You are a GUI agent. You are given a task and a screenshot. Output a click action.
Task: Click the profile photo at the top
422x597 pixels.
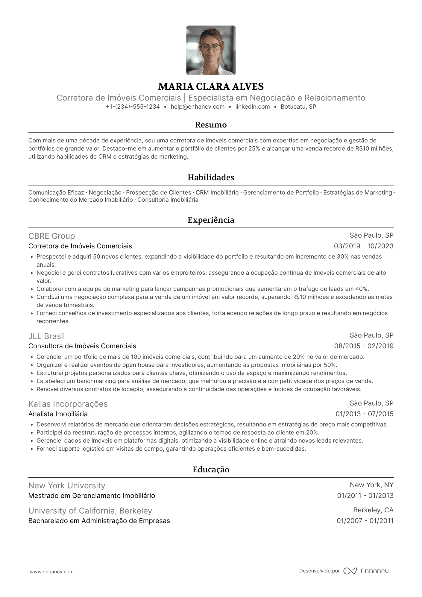(211, 50)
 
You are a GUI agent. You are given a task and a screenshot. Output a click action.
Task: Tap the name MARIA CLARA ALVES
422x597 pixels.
(211, 86)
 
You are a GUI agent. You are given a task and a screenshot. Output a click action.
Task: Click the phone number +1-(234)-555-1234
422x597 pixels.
(133, 107)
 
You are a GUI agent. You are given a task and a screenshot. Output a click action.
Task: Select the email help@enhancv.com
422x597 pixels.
(198, 107)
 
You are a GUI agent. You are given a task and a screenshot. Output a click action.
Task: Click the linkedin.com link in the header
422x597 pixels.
(253, 107)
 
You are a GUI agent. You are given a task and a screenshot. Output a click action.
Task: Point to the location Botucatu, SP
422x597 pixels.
(298, 107)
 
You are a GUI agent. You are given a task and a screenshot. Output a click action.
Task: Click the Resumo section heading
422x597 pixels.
(211, 125)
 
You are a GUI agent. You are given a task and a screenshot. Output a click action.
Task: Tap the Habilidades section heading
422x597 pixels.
(211, 177)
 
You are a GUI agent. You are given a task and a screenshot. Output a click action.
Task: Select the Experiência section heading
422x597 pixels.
(211, 220)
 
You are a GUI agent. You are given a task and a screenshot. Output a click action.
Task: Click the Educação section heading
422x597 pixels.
(211, 470)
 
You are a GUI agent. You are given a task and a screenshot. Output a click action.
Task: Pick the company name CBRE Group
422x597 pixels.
(51, 236)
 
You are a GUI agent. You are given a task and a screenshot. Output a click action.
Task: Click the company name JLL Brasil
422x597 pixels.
(46, 336)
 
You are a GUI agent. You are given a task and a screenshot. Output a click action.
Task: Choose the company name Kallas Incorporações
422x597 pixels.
(68, 404)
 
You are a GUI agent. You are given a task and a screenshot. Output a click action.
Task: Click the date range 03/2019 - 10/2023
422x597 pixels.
(364, 246)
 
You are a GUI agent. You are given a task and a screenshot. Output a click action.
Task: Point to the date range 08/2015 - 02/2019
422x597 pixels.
(364, 346)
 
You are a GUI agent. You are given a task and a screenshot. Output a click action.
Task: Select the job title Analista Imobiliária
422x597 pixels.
(58, 414)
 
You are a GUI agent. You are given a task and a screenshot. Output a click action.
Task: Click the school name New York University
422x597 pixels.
(67, 486)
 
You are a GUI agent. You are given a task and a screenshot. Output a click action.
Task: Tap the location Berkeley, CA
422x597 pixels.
(373, 510)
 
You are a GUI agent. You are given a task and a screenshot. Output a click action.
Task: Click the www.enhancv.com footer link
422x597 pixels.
(51, 572)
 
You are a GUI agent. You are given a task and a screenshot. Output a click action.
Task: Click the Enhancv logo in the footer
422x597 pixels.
(366, 571)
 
